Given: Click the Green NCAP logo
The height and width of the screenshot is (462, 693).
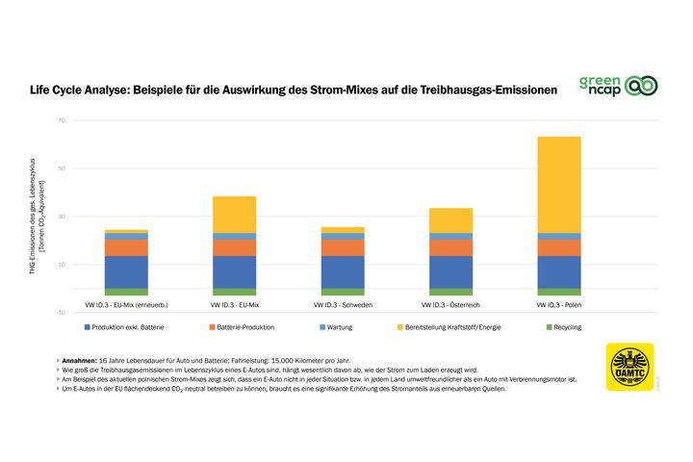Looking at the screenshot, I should [x=618, y=86].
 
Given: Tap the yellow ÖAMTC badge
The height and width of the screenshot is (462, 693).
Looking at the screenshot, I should [x=629, y=367].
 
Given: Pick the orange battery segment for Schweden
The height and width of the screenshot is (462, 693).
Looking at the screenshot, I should [x=342, y=247].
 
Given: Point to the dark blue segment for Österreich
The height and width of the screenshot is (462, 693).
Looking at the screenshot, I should [x=449, y=271].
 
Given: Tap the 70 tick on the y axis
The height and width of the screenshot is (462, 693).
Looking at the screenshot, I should [x=61, y=121].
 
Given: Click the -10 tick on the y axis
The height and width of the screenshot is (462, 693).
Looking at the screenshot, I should [x=61, y=312].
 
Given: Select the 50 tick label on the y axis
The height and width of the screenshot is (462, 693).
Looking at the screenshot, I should [x=61, y=168].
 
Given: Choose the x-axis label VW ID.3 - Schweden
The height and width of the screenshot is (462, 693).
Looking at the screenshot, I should [x=342, y=304].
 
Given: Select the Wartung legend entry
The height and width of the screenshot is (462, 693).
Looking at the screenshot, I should [x=343, y=328].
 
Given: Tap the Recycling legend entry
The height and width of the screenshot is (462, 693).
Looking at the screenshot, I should [x=575, y=328].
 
